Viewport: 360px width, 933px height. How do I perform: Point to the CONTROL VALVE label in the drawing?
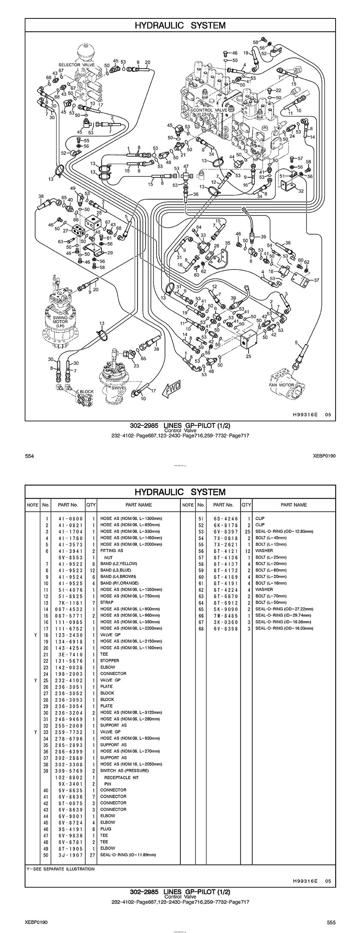(210, 110)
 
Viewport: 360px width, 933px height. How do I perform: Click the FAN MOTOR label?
(281, 385)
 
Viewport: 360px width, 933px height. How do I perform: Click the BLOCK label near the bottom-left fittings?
(87, 392)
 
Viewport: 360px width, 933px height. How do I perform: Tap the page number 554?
(30, 456)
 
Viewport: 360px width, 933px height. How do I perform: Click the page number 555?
(331, 919)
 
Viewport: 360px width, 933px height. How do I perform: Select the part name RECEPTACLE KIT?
(121, 777)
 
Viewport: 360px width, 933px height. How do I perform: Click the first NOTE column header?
(32, 505)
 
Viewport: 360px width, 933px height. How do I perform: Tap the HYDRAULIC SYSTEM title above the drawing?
(180, 25)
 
